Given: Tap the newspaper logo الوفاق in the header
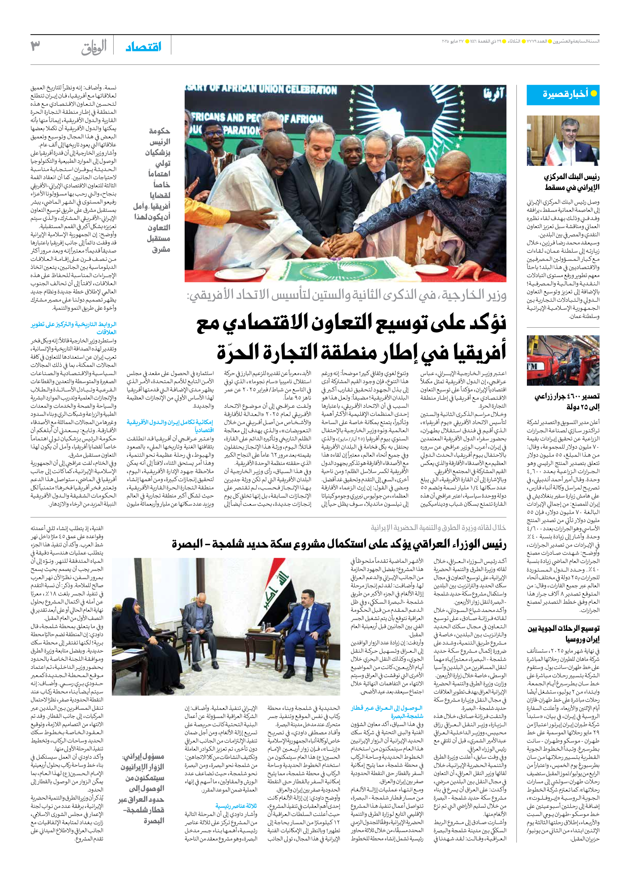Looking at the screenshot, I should click(94, 47).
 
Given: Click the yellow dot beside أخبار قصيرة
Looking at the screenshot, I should click(593, 94).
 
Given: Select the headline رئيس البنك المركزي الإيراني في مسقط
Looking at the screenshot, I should click(572, 182).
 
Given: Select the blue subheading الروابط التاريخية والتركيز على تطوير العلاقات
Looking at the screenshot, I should click(74, 328).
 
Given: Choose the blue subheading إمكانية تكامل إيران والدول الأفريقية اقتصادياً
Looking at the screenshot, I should click(170, 426).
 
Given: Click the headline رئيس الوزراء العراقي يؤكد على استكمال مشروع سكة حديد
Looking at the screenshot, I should click(339, 544).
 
